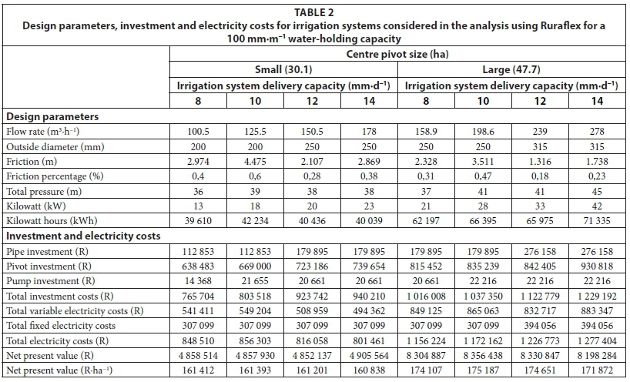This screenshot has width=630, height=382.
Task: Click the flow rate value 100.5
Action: tap(199, 132)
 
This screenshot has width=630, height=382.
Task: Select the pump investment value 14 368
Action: tap(199, 257)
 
